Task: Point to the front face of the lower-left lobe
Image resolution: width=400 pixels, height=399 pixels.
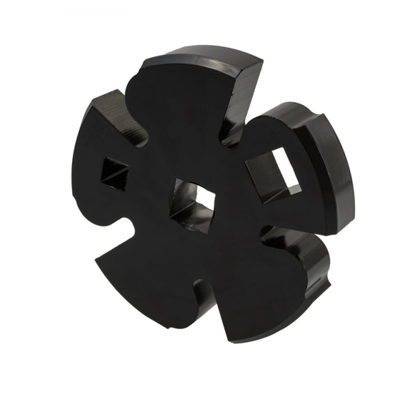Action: point(150,271)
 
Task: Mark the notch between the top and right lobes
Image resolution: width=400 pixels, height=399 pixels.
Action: point(236,132)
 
